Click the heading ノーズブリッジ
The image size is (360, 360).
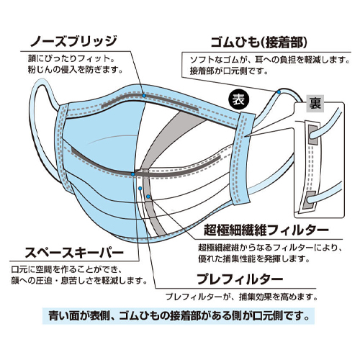(x=73, y=42)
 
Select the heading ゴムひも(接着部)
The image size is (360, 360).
(x=259, y=42)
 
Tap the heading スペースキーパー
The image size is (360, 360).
(x=74, y=252)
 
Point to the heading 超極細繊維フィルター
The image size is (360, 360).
(x=266, y=230)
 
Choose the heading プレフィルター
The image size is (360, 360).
(x=240, y=279)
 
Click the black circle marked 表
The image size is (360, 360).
(x=239, y=99)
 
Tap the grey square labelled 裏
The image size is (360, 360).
(x=315, y=104)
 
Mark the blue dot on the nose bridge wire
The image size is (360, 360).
(x=144, y=96)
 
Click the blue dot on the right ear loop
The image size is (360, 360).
(x=279, y=92)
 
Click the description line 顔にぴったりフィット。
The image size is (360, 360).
(x=71, y=58)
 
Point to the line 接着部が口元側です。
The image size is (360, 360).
(x=229, y=71)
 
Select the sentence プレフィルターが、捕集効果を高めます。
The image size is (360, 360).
(x=241, y=297)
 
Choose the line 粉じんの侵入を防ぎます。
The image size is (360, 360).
(x=76, y=70)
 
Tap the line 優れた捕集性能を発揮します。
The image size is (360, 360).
(x=254, y=258)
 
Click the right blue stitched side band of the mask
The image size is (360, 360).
(x=243, y=158)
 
